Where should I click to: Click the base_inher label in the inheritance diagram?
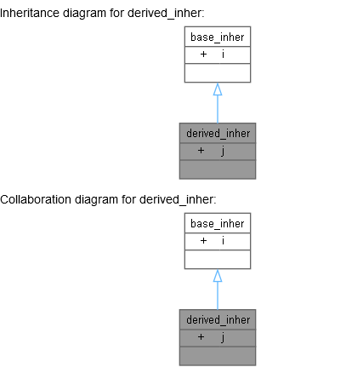tap(218, 37)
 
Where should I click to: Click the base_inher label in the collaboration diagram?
tap(218, 223)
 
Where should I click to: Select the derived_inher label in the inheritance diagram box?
tap(218, 134)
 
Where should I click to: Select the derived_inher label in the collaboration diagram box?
tap(218, 320)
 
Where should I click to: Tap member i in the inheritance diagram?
tap(224, 55)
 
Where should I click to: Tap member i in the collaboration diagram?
tap(224, 241)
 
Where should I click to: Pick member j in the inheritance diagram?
tap(224, 151)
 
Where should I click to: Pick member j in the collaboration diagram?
tap(224, 337)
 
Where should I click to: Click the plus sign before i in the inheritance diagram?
tap(203, 55)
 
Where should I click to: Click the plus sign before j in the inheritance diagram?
tap(201, 151)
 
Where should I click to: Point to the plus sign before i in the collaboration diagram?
tap(203, 241)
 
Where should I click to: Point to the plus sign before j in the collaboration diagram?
tap(201, 337)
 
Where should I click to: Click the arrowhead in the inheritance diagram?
tap(218, 89)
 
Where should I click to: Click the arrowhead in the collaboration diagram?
tap(218, 276)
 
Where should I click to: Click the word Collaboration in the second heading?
tap(32, 200)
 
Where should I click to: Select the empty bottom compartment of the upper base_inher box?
tap(218, 72)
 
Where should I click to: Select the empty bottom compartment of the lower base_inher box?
tap(218, 259)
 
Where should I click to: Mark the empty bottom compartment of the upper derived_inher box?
tap(218, 169)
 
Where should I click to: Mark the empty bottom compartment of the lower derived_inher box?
tap(218, 355)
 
